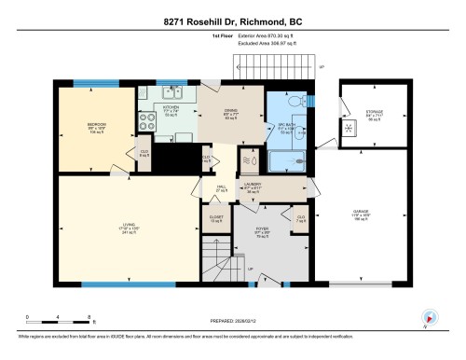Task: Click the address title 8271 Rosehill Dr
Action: point(233,21)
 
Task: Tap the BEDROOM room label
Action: point(96,125)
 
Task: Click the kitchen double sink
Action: point(171,92)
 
